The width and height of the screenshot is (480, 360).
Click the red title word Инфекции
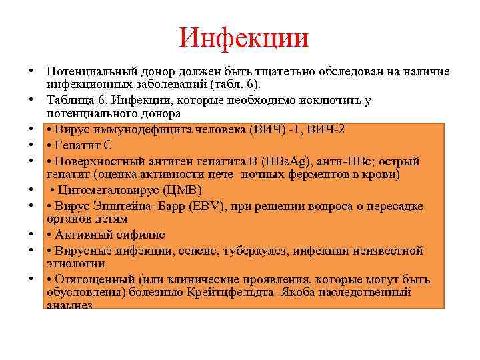coord(244,38)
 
